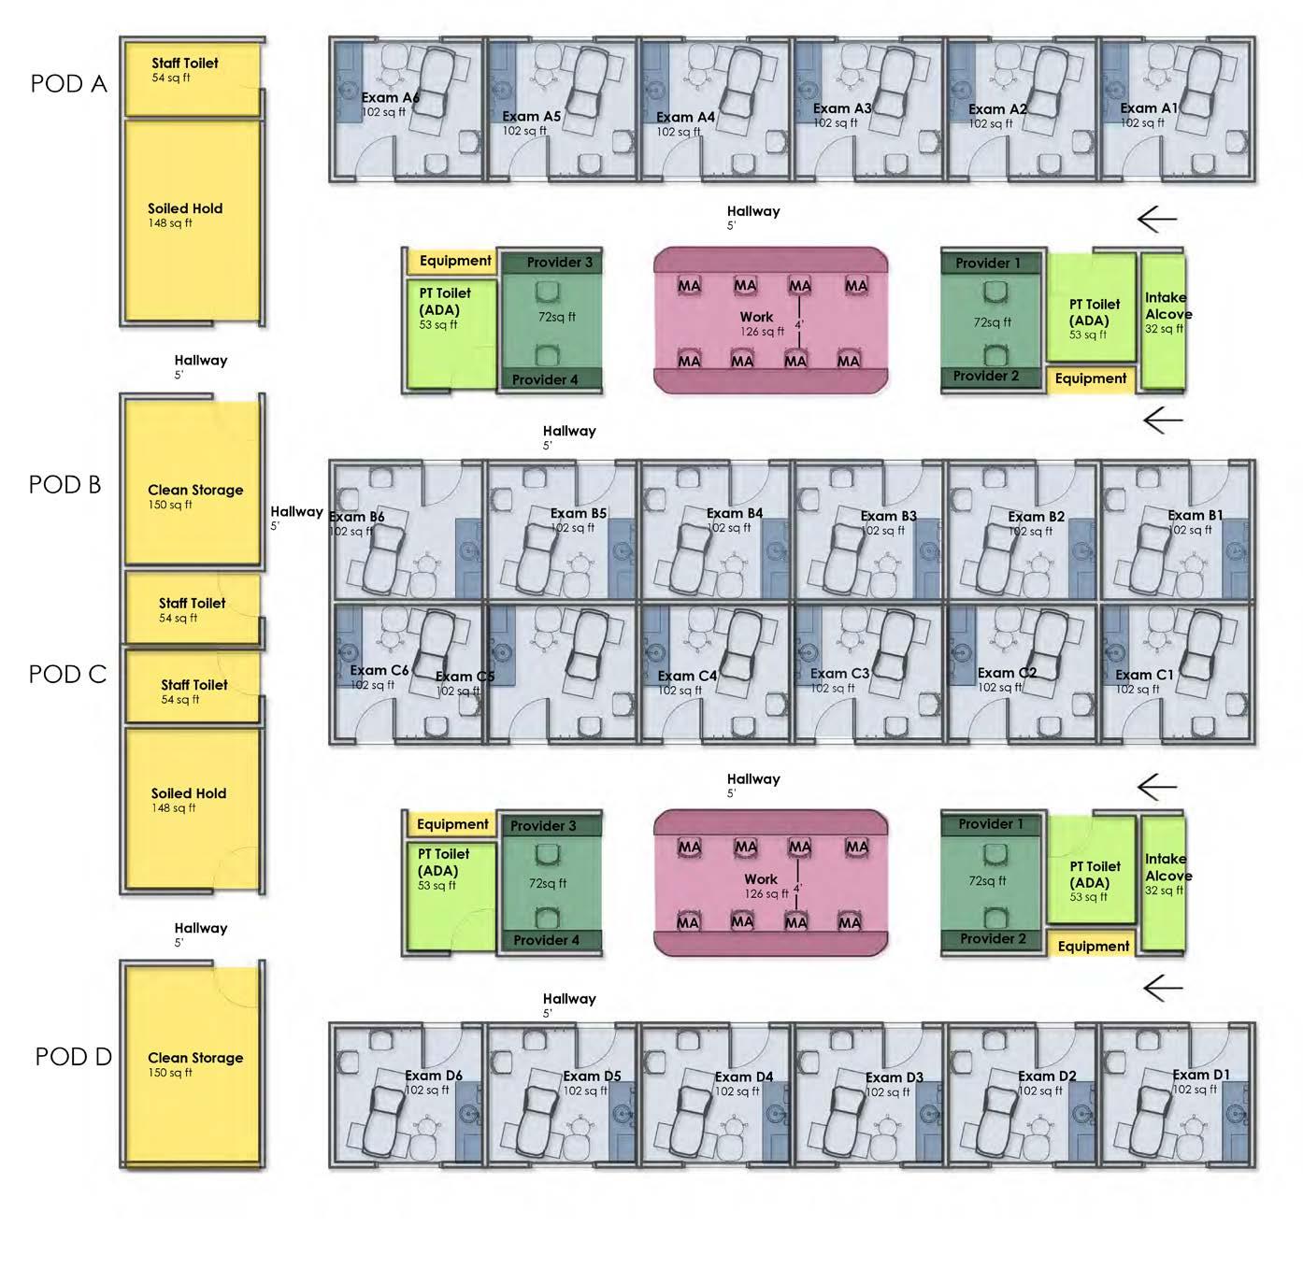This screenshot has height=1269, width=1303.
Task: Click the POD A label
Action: click(x=68, y=83)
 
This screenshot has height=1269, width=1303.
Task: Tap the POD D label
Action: click(x=73, y=1056)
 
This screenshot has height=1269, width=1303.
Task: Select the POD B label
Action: click(x=64, y=484)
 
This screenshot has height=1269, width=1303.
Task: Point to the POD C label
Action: click(x=67, y=674)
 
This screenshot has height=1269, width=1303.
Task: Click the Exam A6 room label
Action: click(x=390, y=97)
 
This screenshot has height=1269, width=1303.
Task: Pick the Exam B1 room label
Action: click(x=1195, y=515)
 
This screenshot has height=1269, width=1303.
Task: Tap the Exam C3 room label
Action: click(x=839, y=673)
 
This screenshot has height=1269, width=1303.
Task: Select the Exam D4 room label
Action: click(x=744, y=1077)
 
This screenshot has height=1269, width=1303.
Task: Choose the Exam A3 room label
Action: click(x=842, y=108)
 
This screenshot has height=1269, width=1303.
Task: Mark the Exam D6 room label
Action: click(x=433, y=1076)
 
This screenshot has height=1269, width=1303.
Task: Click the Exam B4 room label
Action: click(x=734, y=513)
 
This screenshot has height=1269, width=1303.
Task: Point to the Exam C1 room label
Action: click(x=1144, y=675)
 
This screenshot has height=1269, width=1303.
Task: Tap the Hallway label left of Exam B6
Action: click(x=296, y=512)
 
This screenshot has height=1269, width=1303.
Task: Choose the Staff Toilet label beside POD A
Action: click(x=185, y=64)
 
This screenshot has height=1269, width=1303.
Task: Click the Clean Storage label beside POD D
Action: click(x=195, y=1058)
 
